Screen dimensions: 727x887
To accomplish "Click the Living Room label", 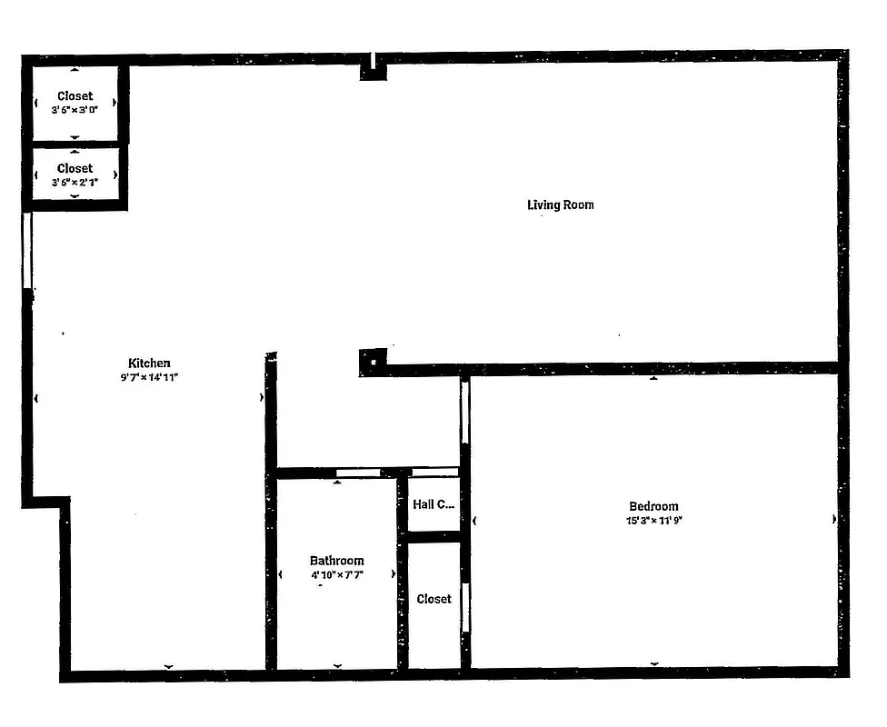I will click(x=560, y=204).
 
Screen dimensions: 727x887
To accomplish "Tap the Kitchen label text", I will click(x=149, y=363).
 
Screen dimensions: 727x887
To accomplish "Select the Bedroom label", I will click(x=653, y=506).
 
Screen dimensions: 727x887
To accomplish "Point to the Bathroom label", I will click(x=336, y=561).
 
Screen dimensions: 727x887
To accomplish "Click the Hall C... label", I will click(x=434, y=504).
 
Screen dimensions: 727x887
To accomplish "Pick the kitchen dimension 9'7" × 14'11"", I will click(x=149, y=376).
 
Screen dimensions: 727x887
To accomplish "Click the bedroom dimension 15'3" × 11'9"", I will click(x=653, y=521).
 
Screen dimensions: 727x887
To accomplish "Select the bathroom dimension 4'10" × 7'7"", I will click(x=336, y=575).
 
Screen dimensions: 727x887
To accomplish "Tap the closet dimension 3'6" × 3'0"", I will click(x=75, y=109).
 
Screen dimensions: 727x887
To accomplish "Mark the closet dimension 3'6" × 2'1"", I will click(x=75, y=182).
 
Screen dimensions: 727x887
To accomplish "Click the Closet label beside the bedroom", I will click(x=434, y=599).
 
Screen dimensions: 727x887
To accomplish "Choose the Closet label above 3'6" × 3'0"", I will click(x=75, y=95).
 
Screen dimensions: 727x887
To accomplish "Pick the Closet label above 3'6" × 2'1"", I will click(x=75, y=168).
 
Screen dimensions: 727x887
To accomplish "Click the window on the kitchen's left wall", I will click(x=27, y=251).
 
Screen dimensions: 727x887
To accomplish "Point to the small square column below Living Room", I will click(x=372, y=362).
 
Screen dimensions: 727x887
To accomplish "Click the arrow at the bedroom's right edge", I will click(x=834, y=520).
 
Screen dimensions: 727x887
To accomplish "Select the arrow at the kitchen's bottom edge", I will click(x=168, y=667).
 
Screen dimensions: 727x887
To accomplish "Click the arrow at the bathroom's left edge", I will click(x=280, y=574).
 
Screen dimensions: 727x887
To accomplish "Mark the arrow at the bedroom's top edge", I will click(x=653, y=378).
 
